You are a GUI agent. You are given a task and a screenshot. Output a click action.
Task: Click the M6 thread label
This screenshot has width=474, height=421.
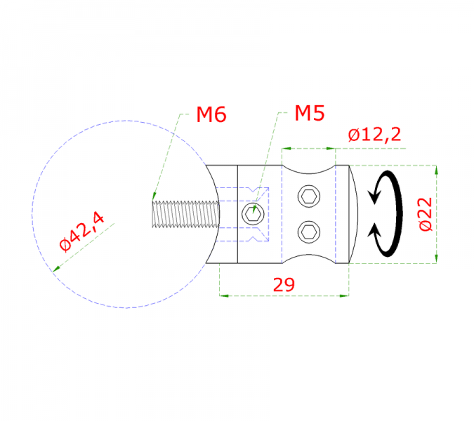point(211,114)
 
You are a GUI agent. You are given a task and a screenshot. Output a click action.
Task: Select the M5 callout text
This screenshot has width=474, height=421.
point(310,114)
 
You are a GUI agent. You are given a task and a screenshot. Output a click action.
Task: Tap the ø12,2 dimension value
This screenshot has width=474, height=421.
point(374,135)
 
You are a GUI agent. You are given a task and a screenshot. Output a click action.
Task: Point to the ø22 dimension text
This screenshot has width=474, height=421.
point(425,215)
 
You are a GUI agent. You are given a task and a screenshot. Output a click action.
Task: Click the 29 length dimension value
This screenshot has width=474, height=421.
point(284,284)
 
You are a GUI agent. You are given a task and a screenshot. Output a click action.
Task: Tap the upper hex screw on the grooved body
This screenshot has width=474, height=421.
point(309,196)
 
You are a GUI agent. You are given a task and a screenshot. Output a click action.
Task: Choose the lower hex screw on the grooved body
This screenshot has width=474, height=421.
point(309,230)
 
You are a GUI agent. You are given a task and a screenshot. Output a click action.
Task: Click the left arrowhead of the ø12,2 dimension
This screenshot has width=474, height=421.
point(286,149)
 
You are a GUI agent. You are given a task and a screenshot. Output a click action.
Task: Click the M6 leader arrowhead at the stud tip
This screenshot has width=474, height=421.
point(153,199)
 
